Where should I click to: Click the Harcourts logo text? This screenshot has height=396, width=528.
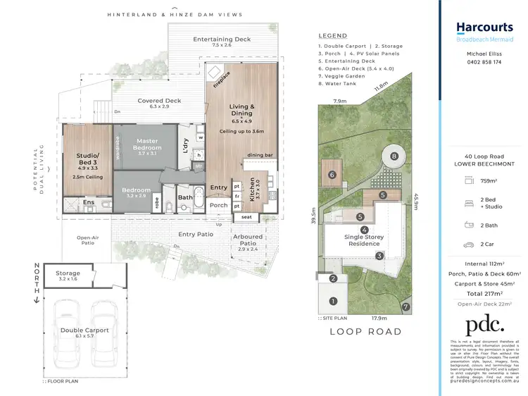[x=484, y=27]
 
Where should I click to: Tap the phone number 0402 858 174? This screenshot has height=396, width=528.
[x=484, y=62]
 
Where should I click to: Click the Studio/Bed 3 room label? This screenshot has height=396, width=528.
[x=88, y=159]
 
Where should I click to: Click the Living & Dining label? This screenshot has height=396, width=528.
[x=241, y=110]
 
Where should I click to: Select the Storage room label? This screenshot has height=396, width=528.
[x=68, y=273]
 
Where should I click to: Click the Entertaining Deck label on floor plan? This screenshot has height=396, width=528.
[x=222, y=39]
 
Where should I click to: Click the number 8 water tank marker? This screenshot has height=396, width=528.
[x=394, y=156]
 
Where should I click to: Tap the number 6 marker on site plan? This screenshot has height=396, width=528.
[x=332, y=175]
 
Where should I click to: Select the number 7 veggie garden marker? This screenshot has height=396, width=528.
[x=406, y=307]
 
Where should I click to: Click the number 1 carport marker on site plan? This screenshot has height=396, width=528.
[x=334, y=301]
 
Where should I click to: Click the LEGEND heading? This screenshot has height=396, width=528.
[x=332, y=35]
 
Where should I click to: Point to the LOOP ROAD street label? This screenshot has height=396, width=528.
[x=366, y=331]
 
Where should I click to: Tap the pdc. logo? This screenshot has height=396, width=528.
[x=484, y=325]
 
